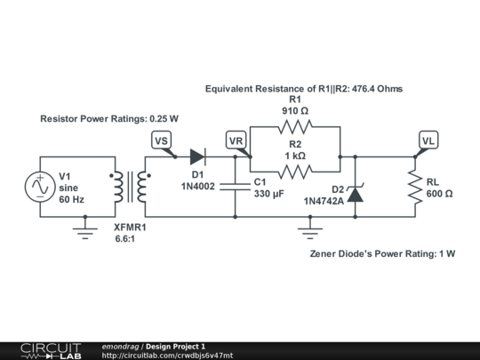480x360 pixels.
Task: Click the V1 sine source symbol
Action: point(40,187)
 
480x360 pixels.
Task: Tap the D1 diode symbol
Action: point(197,157)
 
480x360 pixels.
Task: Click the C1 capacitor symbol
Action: point(235,187)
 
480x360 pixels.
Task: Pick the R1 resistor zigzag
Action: point(295,128)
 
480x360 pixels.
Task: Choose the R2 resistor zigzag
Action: point(295,172)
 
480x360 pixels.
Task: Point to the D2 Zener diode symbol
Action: point(355,193)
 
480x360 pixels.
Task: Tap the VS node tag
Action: point(160,140)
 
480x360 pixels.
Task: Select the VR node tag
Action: point(236,140)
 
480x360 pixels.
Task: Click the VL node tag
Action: point(428,140)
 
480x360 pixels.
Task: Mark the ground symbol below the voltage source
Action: point(84,232)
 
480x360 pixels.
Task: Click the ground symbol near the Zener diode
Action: point(309,232)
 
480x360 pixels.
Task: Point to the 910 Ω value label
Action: point(295,111)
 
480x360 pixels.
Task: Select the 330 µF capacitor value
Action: point(268,193)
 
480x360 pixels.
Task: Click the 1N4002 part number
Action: point(198,187)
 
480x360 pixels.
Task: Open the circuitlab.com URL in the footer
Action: point(167,355)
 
